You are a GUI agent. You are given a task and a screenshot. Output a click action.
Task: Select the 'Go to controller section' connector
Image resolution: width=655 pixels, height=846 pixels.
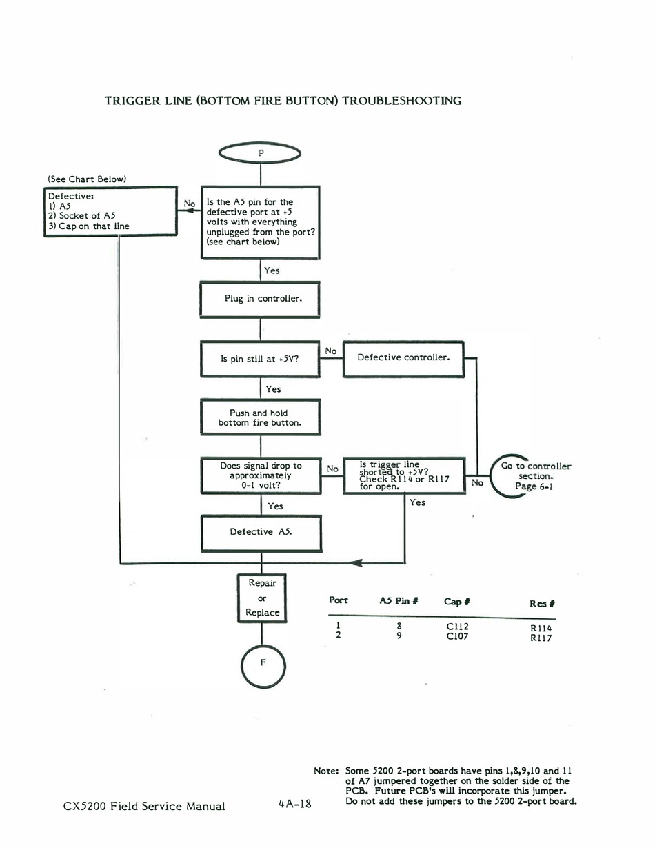[491, 477]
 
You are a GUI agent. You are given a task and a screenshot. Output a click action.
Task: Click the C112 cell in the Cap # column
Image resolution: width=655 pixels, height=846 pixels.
[457, 627]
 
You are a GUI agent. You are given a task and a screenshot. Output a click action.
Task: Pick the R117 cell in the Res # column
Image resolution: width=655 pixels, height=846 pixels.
[541, 638]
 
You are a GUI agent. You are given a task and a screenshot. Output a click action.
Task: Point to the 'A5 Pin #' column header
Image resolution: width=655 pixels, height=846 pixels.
[399, 601]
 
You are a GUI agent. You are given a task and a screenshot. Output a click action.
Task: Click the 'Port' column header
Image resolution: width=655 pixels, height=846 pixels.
[338, 600]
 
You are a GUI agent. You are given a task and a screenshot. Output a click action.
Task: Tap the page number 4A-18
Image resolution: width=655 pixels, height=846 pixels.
[295, 804]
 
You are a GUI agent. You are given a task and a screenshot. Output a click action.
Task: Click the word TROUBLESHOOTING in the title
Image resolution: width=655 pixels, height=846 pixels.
[401, 101]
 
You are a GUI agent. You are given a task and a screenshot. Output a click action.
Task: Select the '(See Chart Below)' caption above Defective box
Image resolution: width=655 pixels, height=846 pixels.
[87, 179]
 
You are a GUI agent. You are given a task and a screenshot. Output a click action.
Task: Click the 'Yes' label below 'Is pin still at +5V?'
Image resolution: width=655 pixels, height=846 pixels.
[273, 389]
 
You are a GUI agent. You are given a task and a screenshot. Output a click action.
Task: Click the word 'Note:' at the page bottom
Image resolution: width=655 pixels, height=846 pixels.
[326, 771]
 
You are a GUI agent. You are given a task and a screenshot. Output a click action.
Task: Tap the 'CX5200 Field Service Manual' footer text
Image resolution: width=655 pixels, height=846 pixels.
[144, 806]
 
